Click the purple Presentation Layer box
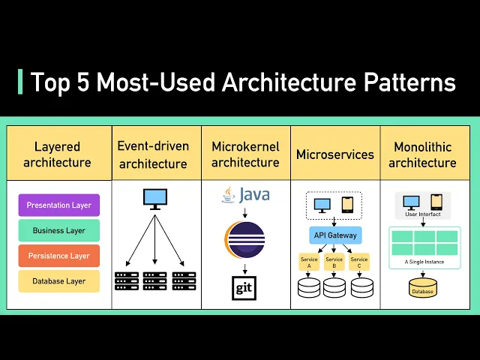point(59,205)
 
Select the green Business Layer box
point(59,230)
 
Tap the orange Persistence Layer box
point(59,256)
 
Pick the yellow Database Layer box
point(59,281)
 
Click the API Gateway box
point(335,235)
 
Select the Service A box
point(309,262)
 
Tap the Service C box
point(359,262)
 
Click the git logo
point(244,288)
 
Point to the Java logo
point(245,195)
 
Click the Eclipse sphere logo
point(244,240)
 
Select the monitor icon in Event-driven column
point(155,199)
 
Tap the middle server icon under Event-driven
point(155,280)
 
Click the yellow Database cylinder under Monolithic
point(423,287)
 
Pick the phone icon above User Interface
point(436,202)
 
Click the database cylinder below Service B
point(334,287)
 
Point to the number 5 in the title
point(83,82)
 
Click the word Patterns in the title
point(409,82)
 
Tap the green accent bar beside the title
point(20,82)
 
